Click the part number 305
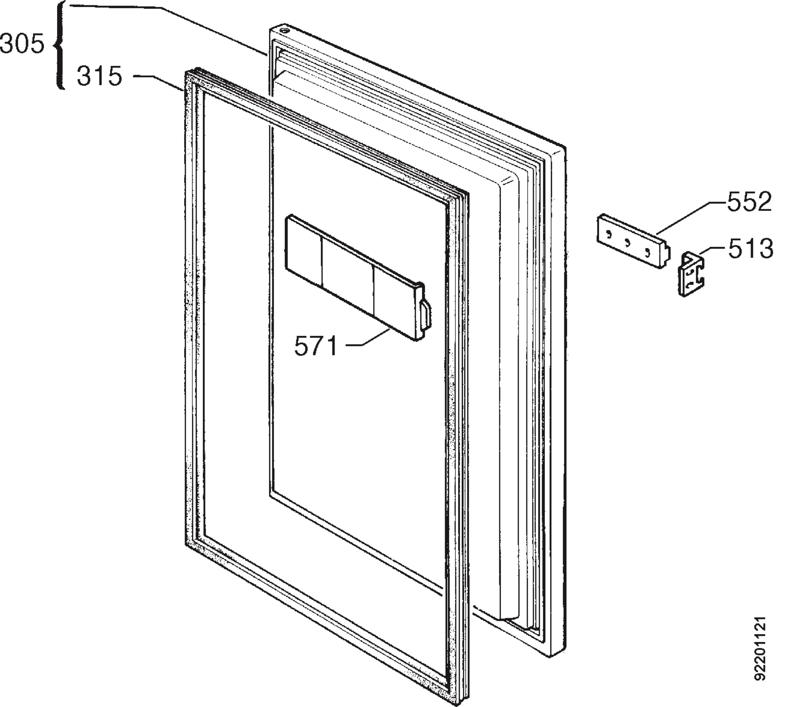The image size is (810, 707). [22, 43]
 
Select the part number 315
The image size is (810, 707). [100, 76]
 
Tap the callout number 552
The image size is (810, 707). [750, 202]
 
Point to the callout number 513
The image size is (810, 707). [751, 248]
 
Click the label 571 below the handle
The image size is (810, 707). [316, 346]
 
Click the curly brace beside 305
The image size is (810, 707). [59, 46]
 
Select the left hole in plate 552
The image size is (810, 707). [609, 235]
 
